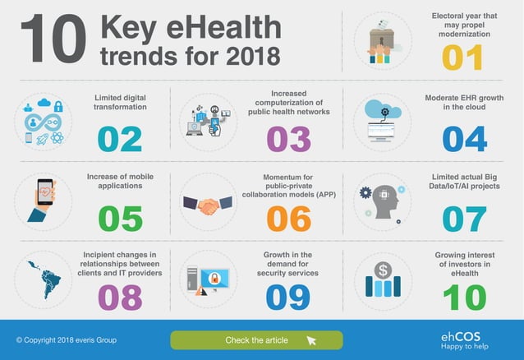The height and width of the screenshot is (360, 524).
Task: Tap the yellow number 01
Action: [x=465, y=57]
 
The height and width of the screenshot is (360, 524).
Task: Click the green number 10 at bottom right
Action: [x=465, y=296]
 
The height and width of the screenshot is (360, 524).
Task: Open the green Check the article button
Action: [x=256, y=340]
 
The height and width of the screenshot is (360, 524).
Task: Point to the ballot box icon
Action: [x=383, y=39]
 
